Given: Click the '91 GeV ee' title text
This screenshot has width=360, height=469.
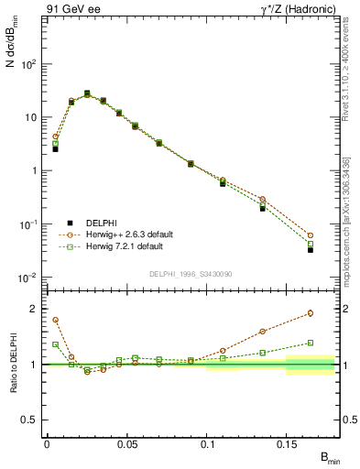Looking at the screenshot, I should (71, 10).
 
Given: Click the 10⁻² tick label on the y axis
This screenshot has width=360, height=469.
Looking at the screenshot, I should (28, 278).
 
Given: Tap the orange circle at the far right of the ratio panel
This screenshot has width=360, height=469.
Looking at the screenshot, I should (311, 313).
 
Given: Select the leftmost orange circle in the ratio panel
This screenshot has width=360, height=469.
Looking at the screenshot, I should (55, 320).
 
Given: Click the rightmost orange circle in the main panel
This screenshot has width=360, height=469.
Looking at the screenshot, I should (311, 235).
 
